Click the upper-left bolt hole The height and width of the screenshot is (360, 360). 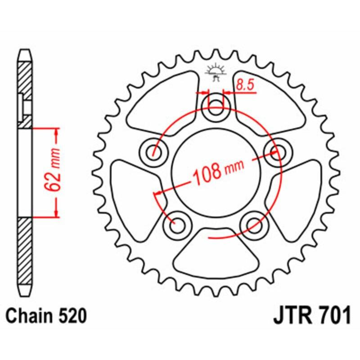click(x=154, y=151)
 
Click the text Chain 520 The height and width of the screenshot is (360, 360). click(x=46, y=316)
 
